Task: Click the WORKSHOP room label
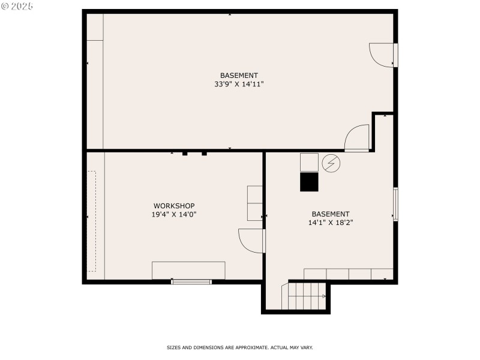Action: click(x=174, y=205)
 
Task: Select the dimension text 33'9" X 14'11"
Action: click(x=239, y=85)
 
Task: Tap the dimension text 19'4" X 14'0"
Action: click(x=174, y=214)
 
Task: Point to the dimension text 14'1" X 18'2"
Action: click(x=330, y=223)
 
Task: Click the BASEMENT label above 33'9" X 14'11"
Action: click(x=239, y=76)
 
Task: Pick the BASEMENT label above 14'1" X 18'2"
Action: click(x=330, y=214)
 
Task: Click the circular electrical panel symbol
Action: click(x=330, y=163)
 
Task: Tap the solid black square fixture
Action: click(x=310, y=182)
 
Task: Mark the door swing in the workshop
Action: click(x=251, y=241)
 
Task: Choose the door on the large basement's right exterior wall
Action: click(x=382, y=55)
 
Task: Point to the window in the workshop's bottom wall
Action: click(x=191, y=281)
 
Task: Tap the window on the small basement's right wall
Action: click(x=395, y=205)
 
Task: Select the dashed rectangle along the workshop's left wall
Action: click(x=91, y=221)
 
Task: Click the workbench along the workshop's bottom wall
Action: click(x=188, y=270)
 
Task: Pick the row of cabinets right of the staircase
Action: click(x=348, y=274)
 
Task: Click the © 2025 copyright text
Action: click(x=17, y=6)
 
